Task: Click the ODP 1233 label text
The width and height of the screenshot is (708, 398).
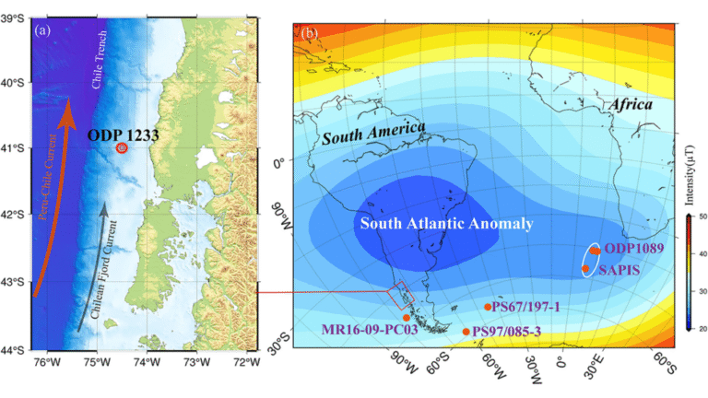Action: coord(123,135)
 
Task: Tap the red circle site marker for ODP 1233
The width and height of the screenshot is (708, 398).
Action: coord(122,147)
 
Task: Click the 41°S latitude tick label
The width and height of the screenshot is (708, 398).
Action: coord(17,147)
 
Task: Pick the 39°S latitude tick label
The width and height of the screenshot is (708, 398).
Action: coord(17,17)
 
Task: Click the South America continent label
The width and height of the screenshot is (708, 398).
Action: coord(372,134)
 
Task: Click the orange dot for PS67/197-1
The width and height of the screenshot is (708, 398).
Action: coord(488,307)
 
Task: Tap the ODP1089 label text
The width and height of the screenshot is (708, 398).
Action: coord(635,250)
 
